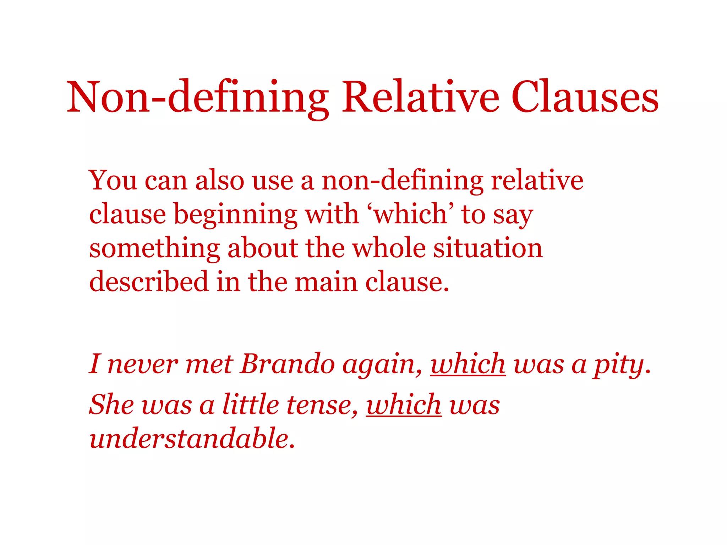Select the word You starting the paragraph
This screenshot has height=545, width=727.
tap(113, 180)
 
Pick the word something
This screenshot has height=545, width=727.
tap(154, 249)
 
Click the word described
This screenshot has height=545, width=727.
tap(148, 281)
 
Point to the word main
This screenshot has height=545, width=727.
tap(326, 282)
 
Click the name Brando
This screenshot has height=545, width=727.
tap(287, 364)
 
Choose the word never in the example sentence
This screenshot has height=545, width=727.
tap(142, 364)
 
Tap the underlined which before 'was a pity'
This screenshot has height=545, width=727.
tap(468, 364)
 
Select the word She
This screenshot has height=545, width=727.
tap(111, 404)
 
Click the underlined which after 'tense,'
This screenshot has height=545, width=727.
tap(404, 404)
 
